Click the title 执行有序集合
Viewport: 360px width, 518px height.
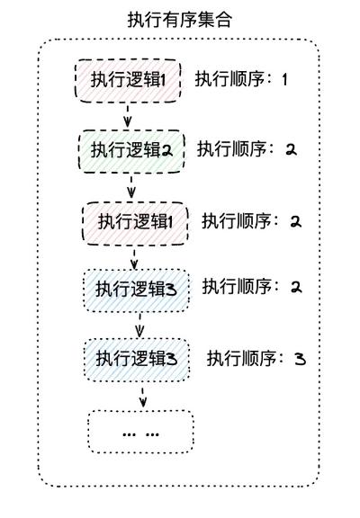(180, 19)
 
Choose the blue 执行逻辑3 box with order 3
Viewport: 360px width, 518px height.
(138, 359)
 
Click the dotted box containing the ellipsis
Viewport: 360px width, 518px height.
(140, 431)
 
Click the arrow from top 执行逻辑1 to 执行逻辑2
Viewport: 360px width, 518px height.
(128, 115)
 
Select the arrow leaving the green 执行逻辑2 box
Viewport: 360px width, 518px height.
(131, 185)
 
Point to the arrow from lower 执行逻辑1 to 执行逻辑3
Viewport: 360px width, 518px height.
(135, 256)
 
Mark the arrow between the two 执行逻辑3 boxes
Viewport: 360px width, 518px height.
(139, 324)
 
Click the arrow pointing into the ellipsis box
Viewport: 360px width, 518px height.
(142, 395)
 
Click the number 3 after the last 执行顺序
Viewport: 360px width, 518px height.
(300, 359)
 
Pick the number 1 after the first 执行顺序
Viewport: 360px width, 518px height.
(284, 79)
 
